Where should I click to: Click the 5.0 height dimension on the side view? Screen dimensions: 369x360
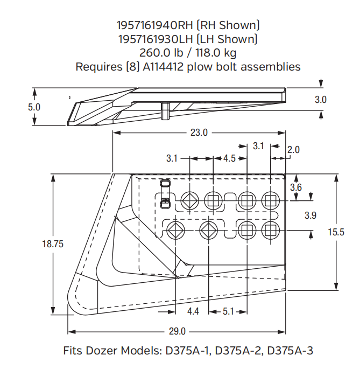34,107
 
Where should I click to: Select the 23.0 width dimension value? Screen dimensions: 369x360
199,133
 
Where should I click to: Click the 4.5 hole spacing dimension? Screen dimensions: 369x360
229,158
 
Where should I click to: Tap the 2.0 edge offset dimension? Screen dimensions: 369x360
293,150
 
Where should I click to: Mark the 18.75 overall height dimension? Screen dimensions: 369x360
53,243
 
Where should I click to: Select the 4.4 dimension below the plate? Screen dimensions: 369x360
194,311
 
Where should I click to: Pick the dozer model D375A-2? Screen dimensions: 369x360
237,351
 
